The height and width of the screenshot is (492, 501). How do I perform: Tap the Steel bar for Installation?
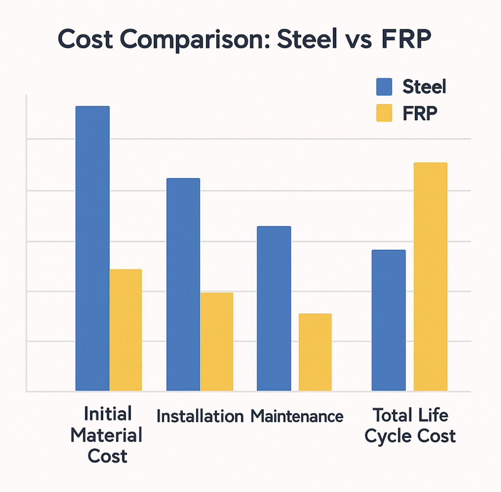click(x=183, y=285)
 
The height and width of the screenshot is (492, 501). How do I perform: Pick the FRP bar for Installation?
click(x=216, y=342)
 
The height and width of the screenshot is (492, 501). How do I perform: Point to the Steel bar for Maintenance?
click(x=274, y=308)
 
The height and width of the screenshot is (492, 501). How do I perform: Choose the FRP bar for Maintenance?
click(x=315, y=352)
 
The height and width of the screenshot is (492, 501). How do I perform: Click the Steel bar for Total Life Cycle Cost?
click(x=388, y=320)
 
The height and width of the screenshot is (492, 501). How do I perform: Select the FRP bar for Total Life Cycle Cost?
click(x=430, y=277)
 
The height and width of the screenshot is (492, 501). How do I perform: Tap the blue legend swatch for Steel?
click(x=384, y=87)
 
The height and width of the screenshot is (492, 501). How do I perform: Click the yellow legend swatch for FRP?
click(x=384, y=113)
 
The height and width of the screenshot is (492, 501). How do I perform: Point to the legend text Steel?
click(x=424, y=87)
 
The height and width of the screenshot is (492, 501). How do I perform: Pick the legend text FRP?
click(x=419, y=113)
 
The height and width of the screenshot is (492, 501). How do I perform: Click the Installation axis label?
click(x=200, y=416)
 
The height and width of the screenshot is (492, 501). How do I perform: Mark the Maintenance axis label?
click(x=297, y=416)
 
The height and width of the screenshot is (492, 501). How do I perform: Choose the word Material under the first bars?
click(x=106, y=435)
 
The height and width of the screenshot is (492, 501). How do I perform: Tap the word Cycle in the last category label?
click(x=387, y=436)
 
